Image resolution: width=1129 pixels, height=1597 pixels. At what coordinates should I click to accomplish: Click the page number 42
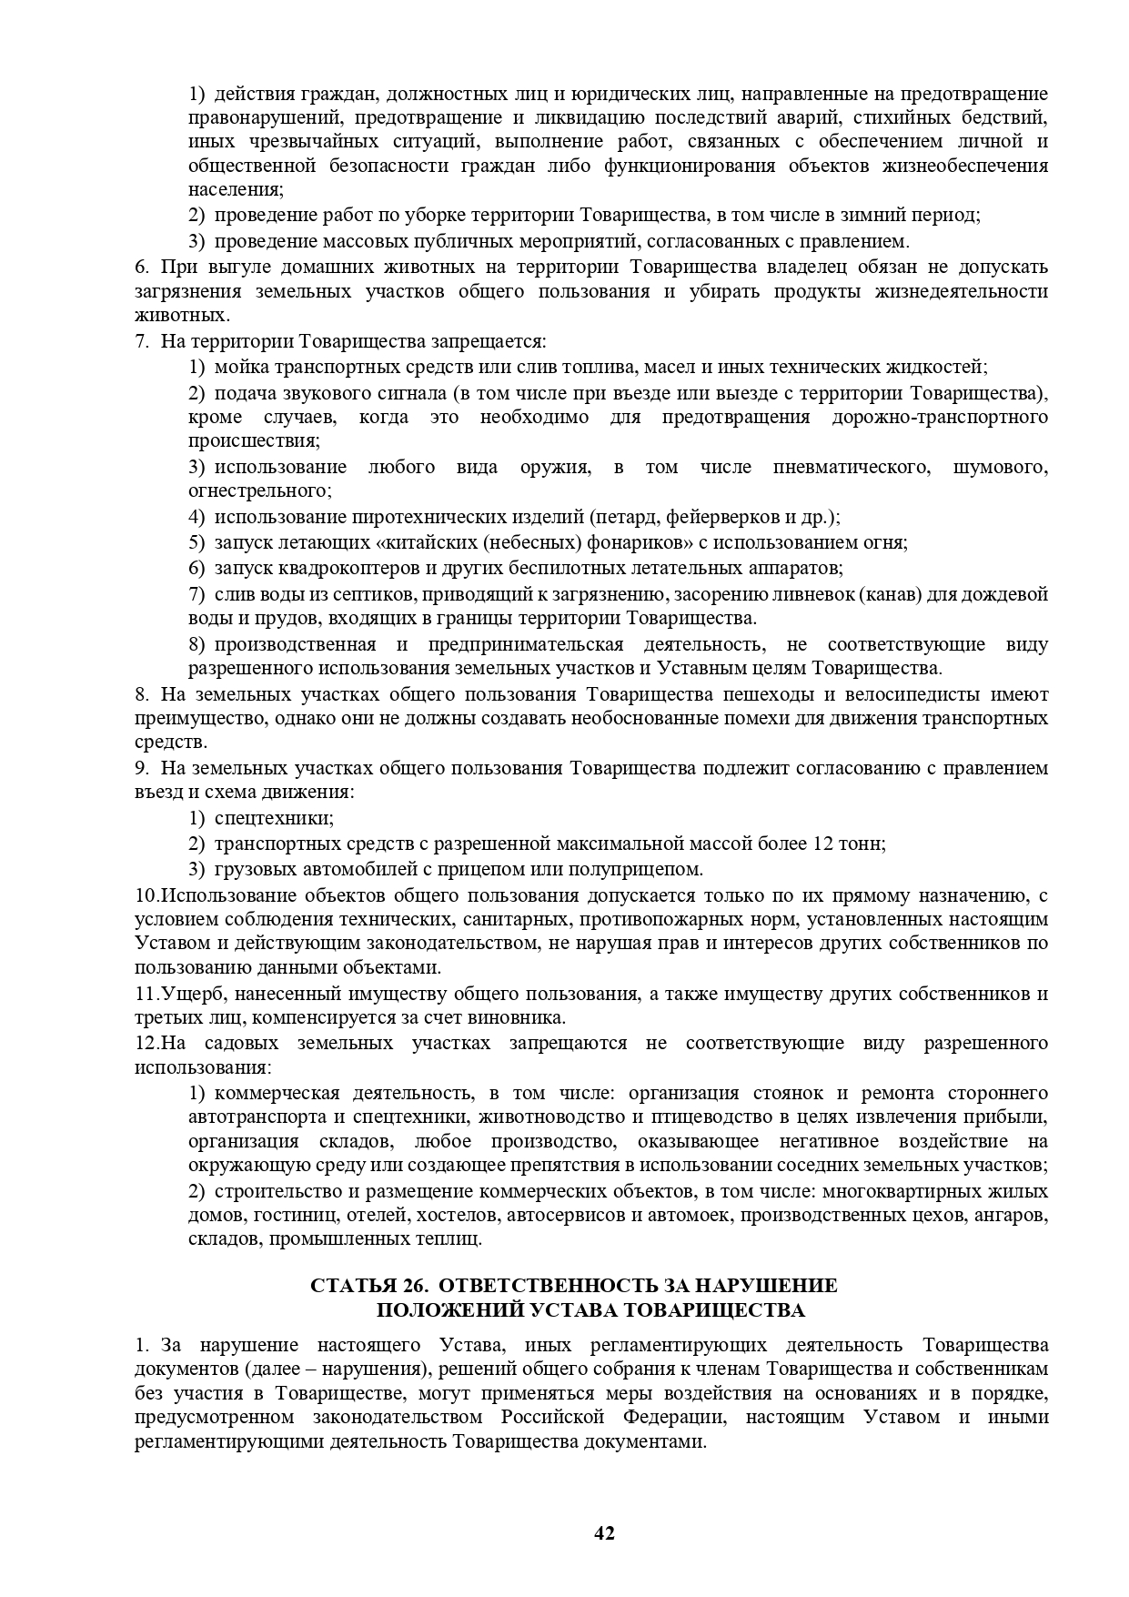604,1533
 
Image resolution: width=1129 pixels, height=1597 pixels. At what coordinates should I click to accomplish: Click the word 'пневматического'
851,467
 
